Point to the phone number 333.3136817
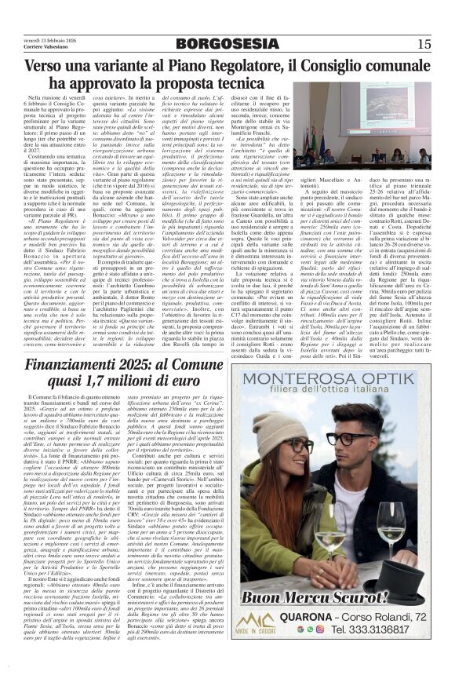pos(373,628)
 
